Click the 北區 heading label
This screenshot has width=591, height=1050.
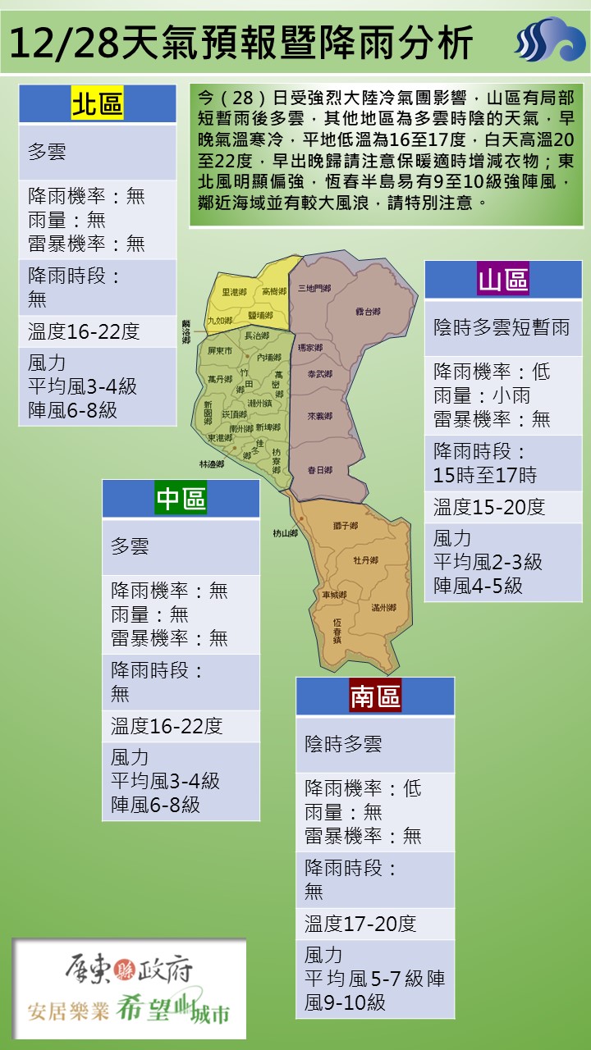(97, 104)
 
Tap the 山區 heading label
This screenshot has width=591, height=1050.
(503, 280)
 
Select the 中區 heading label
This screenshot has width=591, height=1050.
(181, 498)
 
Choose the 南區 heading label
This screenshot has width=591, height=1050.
(375, 696)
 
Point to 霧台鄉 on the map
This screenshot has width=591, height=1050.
(368, 312)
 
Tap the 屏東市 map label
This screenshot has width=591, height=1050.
(221, 350)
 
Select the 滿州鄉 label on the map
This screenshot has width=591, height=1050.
(383, 607)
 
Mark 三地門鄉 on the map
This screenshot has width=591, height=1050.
(314, 288)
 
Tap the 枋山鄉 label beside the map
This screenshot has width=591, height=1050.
(286, 533)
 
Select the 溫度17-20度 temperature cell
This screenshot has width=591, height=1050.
(360, 924)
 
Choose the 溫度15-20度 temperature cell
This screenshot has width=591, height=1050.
(489, 507)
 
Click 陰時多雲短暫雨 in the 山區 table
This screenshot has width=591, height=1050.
(502, 327)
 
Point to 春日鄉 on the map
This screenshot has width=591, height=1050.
(319, 470)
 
